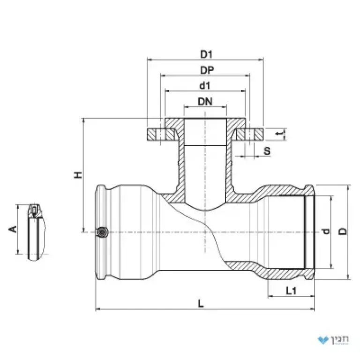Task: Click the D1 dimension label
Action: click(206, 54)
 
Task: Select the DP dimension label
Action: click(207, 70)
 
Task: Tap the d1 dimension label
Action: click(205, 86)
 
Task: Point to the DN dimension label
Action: click(205, 101)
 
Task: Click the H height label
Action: click(78, 175)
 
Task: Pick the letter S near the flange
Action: click(267, 151)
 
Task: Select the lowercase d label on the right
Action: click(326, 232)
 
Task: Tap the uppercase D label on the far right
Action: click(343, 232)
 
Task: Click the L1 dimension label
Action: click(291, 291)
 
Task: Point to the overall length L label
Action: click(201, 304)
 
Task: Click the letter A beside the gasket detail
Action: click(13, 229)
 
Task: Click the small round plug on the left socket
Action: click(103, 232)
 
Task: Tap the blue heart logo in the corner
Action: click(323, 340)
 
